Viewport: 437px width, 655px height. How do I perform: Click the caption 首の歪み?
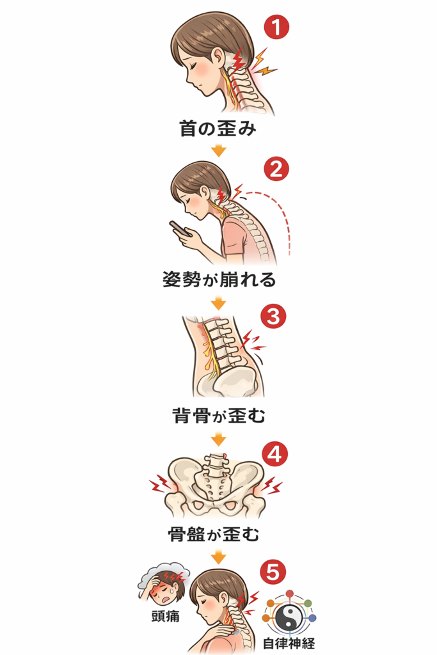tap(218, 129)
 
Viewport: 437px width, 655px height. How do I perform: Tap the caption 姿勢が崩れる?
tap(218, 280)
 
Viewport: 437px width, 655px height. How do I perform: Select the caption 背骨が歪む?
tap(218, 416)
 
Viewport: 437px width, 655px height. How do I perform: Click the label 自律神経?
tap(289, 643)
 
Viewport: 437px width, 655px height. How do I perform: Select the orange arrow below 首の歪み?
tap(219, 151)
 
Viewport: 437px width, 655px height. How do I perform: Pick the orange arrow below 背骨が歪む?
tap(219, 439)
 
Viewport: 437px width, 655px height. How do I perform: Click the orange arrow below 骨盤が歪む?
tap(219, 555)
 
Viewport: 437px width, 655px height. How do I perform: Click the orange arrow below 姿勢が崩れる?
tap(219, 302)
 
